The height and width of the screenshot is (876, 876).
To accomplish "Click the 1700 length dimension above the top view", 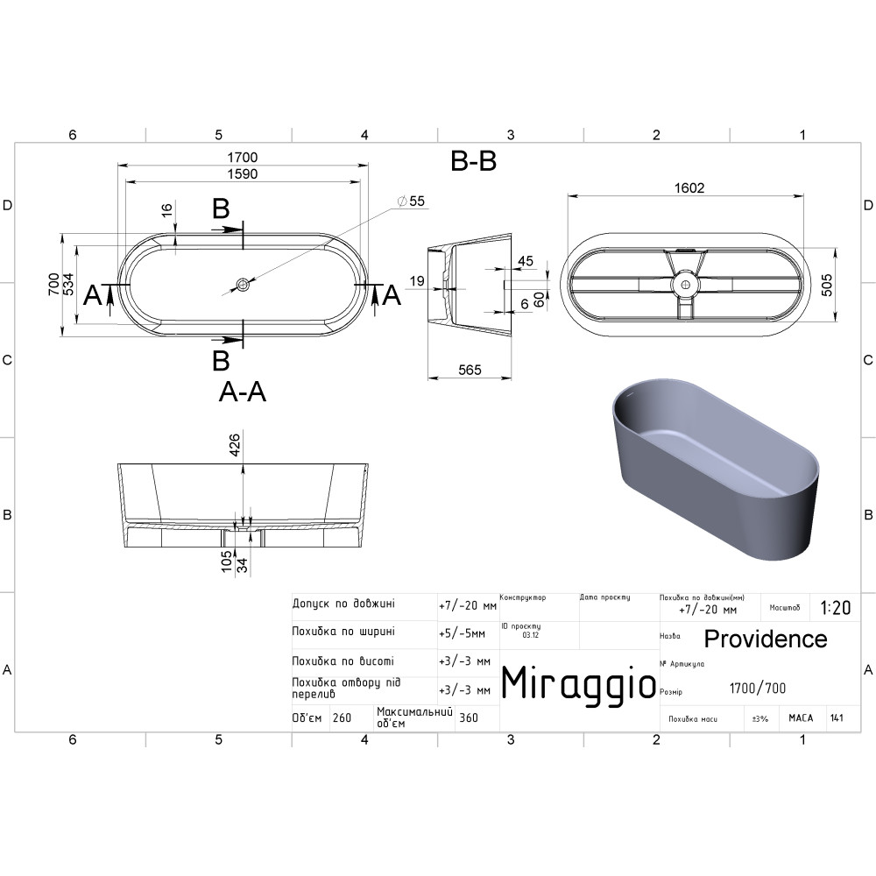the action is (243, 158).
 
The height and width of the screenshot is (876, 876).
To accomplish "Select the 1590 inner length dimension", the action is (243, 173).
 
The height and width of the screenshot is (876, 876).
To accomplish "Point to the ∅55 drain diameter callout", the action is (411, 201).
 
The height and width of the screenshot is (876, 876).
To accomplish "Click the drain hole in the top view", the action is (243, 285).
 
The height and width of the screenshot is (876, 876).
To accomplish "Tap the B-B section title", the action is (473, 161).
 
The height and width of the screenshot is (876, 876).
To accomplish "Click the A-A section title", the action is (243, 392).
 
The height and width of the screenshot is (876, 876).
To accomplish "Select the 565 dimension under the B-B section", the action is (470, 370).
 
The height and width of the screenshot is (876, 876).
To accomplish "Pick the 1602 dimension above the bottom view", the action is (689, 187).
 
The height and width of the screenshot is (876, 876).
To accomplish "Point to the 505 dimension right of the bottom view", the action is (827, 285).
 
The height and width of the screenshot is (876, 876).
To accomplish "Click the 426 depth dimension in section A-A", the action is (235, 445).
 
